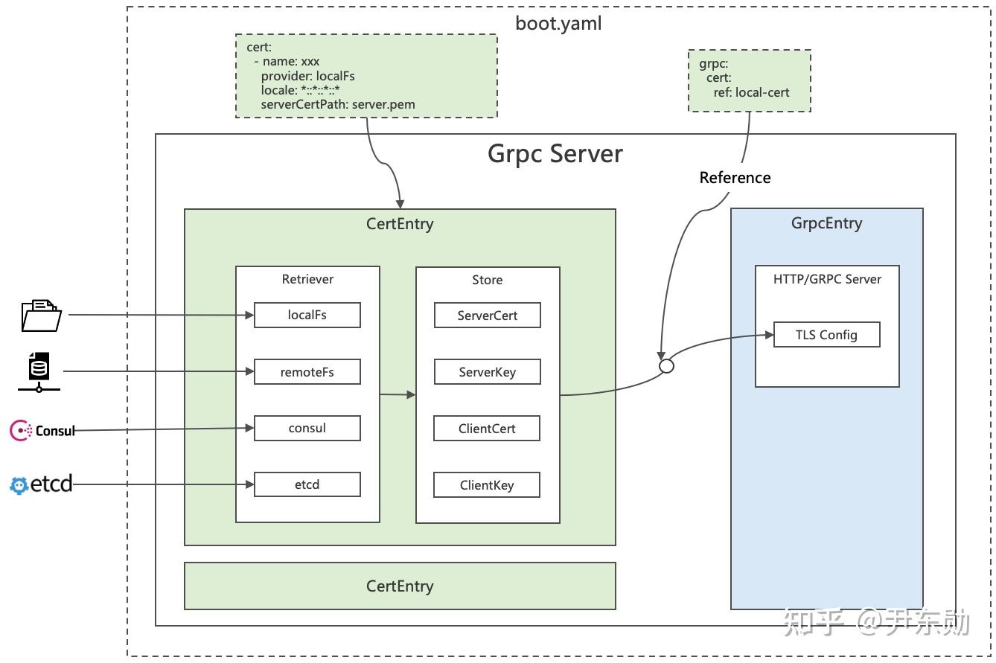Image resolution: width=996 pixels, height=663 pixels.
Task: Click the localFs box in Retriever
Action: (x=307, y=315)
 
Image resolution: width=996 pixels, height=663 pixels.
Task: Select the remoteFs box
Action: (x=307, y=372)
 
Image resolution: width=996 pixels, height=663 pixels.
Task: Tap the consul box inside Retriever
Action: (x=307, y=428)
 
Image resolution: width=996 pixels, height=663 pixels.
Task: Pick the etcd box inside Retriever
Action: (x=307, y=484)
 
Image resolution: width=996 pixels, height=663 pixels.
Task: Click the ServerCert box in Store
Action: (x=487, y=316)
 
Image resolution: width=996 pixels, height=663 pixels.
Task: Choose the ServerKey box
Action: (x=487, y=372)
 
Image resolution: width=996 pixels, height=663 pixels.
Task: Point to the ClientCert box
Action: (x=487, y=429)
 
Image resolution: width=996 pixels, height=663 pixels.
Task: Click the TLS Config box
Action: (x=826, y=335)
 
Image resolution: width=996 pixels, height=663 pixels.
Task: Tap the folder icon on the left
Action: (x=41, y=314)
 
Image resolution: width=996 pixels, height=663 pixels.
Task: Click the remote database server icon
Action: (x=39, y=371)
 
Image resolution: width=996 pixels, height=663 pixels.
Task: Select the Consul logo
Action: (x=42, y=430)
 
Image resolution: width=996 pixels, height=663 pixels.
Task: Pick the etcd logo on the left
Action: (x=41, y=485)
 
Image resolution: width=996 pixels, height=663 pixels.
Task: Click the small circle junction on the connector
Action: (x=667, y=366)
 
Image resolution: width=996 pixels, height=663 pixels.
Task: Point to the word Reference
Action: (x=735, y=178)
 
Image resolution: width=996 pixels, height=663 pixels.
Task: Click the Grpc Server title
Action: (x=555, y=154)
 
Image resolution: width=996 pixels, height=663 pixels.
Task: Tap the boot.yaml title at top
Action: (x=558, y=23)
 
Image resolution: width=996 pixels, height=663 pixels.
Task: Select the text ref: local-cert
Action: (x=751, y=93)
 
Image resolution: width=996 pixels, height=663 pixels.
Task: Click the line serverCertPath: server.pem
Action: (x=337, y=104)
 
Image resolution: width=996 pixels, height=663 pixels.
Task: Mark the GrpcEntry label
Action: (x=826, y=223)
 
